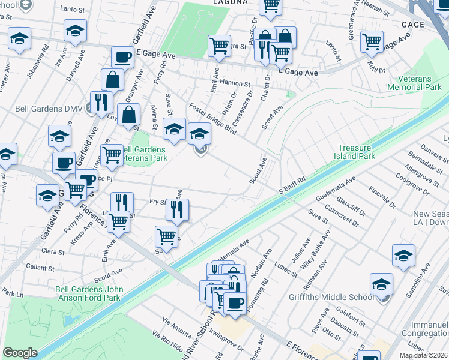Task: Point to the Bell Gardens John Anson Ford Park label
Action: pos(89,293)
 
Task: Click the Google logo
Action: pos(20,353)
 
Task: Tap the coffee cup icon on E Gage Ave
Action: pos(123,58)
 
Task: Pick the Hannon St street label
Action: pos(234,83)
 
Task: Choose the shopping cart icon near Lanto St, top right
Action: pos(372,41)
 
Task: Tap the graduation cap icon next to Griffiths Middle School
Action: pos(381,284)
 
